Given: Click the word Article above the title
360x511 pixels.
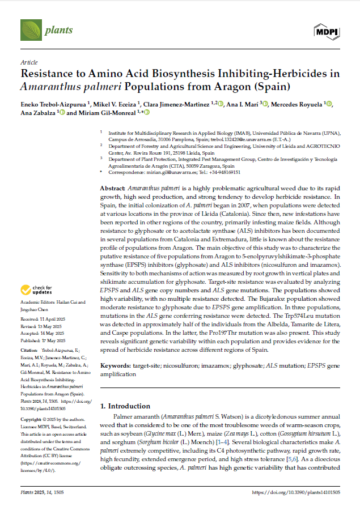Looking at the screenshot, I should pyautogui.click(x=29, y=62).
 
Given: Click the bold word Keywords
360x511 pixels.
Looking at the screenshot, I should pyautogui.click(x=117, y=367).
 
